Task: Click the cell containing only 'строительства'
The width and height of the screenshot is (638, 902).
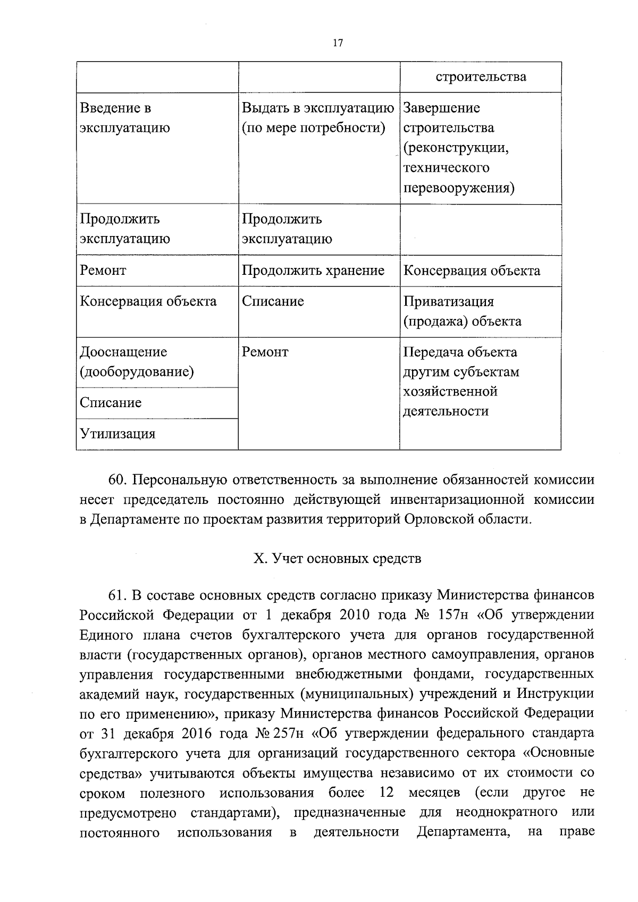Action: coord(481,77)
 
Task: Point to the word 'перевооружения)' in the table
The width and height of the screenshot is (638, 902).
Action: coord(458,188)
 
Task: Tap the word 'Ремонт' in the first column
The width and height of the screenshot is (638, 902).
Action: coord(103,271)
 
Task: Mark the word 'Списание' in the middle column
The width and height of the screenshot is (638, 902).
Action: coord(273,301)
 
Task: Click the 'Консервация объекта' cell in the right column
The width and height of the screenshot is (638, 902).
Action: coord(472,271)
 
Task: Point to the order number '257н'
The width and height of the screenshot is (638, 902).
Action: coord(289,734)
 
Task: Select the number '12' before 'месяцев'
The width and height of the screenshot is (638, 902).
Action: coord(387,793)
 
